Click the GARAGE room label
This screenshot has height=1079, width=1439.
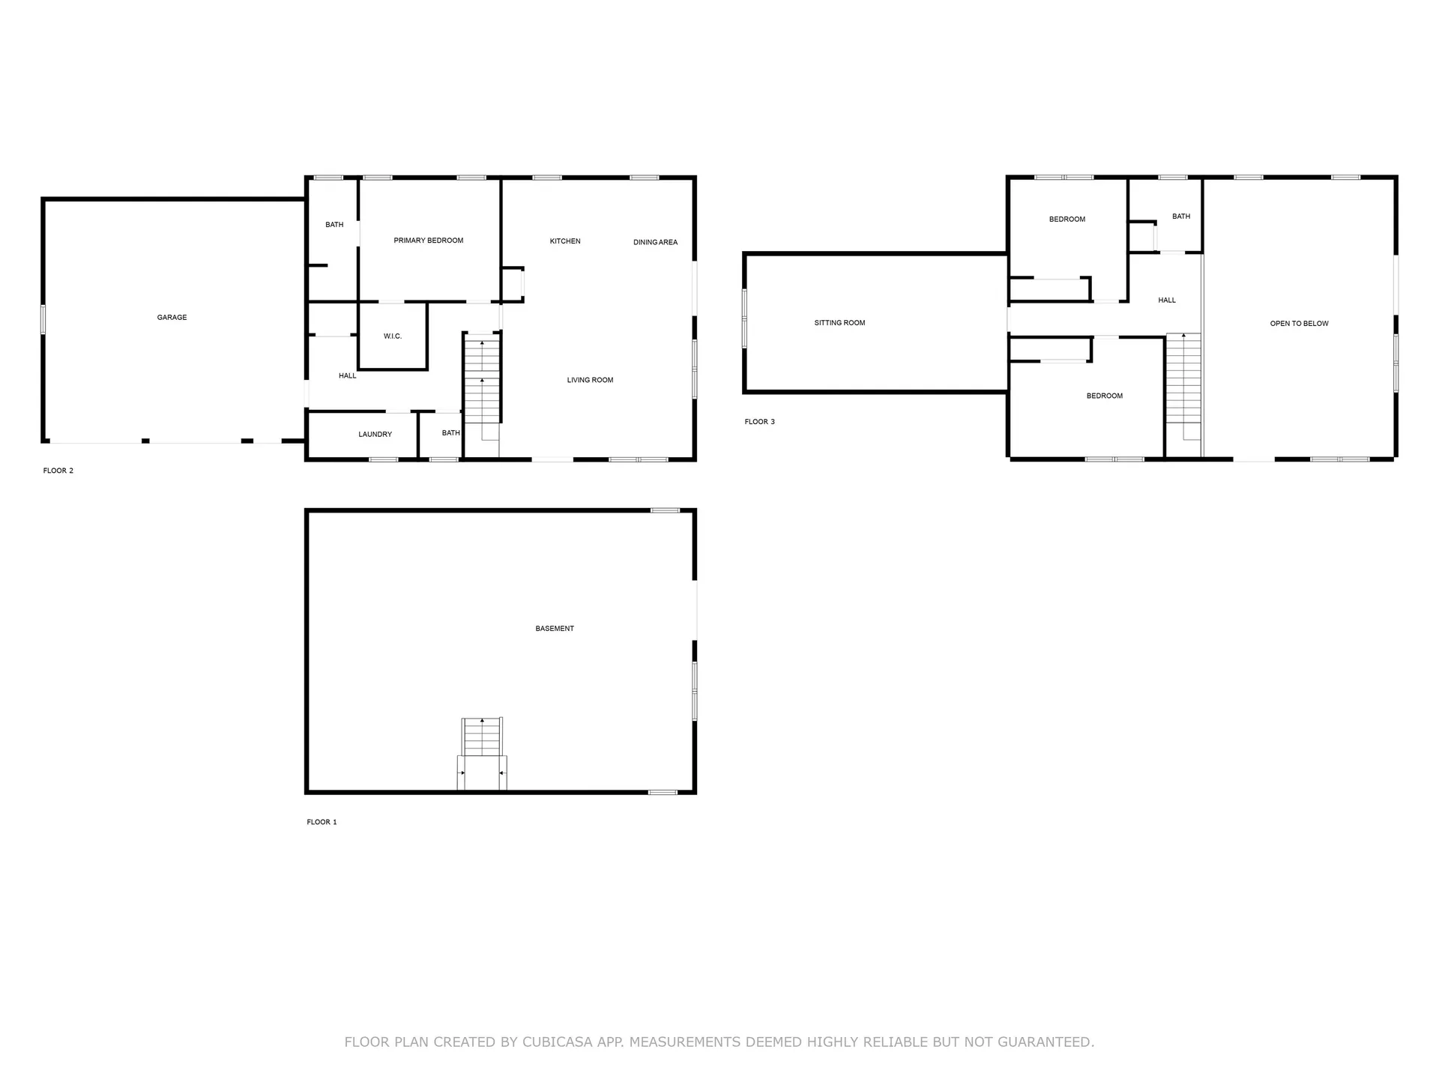tap(172, 318)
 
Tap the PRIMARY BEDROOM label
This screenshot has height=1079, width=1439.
tap(428, 241)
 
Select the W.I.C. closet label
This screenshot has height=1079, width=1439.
tap(393, 336)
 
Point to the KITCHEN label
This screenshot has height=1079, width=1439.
tap(565, 241)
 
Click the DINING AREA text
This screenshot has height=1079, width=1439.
tap(655, 242)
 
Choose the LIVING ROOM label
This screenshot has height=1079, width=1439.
tap(590, 380)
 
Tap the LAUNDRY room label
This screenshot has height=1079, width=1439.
tap(375, 435)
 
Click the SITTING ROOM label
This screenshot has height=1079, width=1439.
tap(839, 323)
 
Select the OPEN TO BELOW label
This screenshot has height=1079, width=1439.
tap(1299, 324)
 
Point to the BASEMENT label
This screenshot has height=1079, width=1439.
tap(555, 629)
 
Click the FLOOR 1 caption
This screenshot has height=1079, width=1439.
tap(322, 822)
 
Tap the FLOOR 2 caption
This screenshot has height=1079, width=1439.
tap(58, 471)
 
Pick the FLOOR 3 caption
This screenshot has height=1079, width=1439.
tap(759, 422)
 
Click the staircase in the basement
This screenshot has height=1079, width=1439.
tap(482, 738)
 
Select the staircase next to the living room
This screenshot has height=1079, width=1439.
tap(482, 382)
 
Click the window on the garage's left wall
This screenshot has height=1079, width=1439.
tap(43, 319)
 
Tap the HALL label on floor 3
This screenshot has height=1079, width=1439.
tap(1166, 300)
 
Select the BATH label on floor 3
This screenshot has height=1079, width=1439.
tap(1181, 217)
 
